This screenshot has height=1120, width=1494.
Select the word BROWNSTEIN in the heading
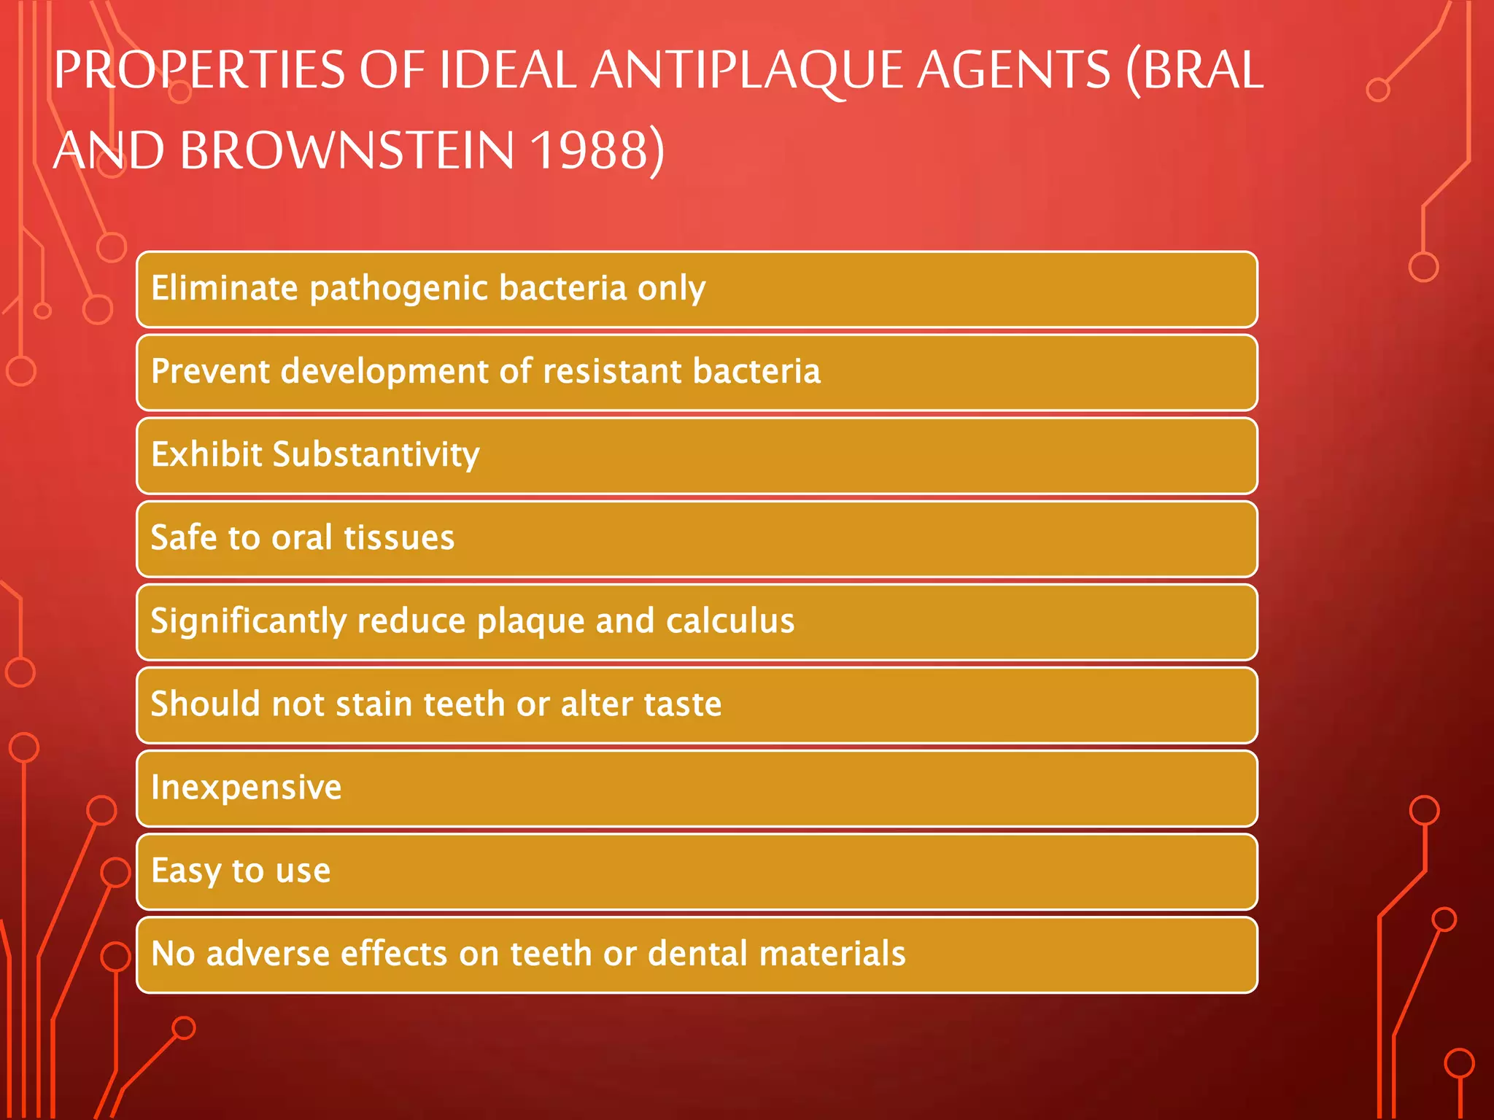tap(347, 151)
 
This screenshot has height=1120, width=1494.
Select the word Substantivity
tap(376, 455)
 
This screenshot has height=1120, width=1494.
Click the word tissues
tap(399, 538)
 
